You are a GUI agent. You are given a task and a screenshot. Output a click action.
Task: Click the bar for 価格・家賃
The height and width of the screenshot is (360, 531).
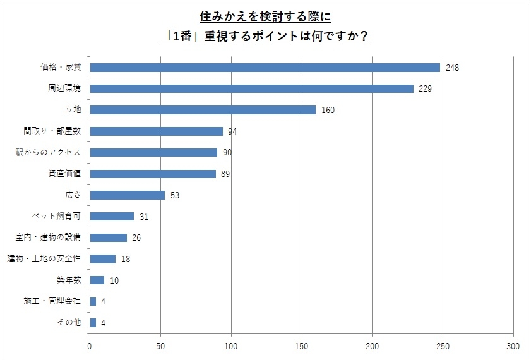pos(265,67)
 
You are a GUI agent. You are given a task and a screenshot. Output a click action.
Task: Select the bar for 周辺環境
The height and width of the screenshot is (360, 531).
pos(252,88)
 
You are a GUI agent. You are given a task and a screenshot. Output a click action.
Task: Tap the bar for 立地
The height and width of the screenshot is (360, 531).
pos(203,110)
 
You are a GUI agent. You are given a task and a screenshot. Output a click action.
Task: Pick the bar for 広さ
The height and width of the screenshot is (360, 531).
pos(128,195)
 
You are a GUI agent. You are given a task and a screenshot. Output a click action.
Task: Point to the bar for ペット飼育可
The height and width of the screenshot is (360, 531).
pos(112,216)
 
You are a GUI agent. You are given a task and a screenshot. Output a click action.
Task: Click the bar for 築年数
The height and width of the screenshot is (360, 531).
pos(97,280)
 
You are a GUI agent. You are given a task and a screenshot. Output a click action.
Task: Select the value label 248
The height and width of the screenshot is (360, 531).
pos(452,68)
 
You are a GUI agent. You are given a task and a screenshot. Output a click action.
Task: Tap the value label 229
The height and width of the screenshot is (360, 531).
pos(425,88)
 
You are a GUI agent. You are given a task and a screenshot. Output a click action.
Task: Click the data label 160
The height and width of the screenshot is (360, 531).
pos(327,110)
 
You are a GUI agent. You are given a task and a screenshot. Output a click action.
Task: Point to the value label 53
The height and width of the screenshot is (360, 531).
pos(175,195)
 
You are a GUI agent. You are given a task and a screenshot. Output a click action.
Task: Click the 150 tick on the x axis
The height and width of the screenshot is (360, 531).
pos(302,346)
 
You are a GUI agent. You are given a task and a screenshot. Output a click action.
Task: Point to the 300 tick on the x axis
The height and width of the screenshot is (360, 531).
pos(513,346)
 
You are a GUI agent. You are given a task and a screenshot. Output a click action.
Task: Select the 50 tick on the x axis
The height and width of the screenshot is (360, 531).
pos(161,346)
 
